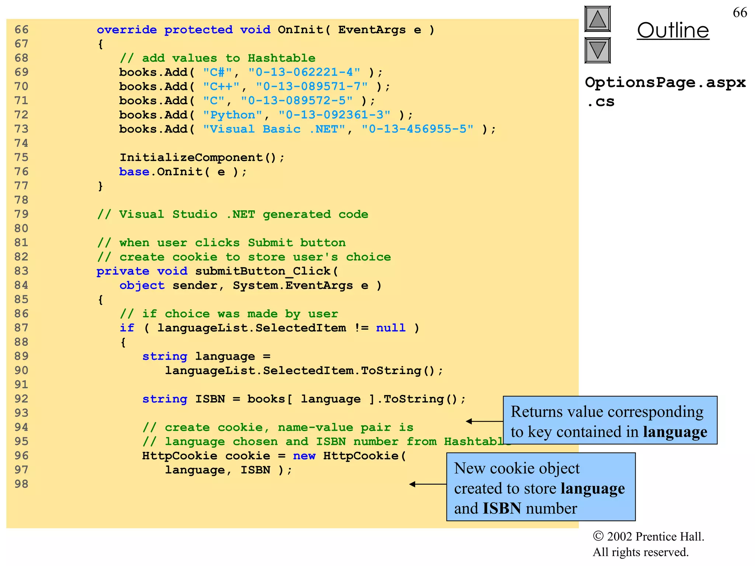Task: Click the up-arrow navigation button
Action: tap(598, 19)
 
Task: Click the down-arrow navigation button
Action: tap(598, 50)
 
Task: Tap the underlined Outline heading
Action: tap(673, 30)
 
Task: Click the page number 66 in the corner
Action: tap(740, 13)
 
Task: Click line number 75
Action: tap(21, 157)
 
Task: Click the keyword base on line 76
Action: tap(134, 172)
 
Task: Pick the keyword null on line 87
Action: tap(390, 328)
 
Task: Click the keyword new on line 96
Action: tap(304, 456)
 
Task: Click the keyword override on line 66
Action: tap(126, 29)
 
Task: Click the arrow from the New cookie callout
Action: tap(428, 484)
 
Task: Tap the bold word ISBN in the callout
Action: tap(502, 509)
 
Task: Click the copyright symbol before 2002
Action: tap(598, 536)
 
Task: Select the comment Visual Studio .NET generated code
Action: tap(232, 214)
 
